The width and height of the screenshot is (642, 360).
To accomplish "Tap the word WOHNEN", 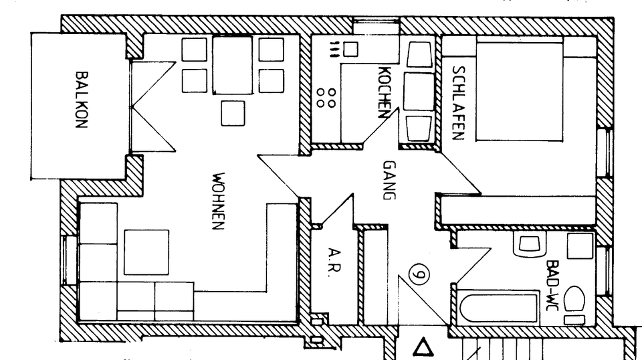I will [x=217, y=202].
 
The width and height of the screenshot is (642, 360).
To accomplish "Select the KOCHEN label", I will [x=384, y=92].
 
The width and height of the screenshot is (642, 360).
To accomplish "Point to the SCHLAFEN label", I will [x=458, y=102].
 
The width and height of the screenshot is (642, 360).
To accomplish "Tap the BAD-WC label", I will [x=552, y=284].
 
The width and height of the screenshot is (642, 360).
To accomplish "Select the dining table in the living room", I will [x=232, y=65].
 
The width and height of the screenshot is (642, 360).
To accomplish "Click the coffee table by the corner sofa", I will [x=146, y=252].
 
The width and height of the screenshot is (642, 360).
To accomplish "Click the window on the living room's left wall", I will [x=69, y=260].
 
